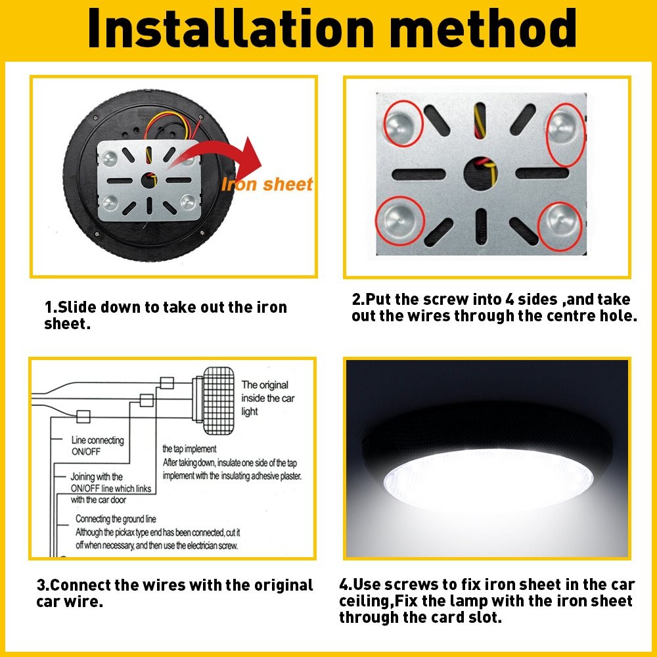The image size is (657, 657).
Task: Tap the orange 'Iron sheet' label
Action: [x=267, y=185]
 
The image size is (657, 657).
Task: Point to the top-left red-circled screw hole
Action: [x=399, y=125]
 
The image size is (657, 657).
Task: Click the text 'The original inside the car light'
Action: [x=264, y=398]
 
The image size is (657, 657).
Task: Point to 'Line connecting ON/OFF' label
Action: [x=98, y=445]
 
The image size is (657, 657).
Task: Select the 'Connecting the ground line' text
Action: [x=116, y=519]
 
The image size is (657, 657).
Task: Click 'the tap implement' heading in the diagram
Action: [x=189, y=449]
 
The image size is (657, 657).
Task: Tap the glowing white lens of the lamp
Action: [x=486, y=483]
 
